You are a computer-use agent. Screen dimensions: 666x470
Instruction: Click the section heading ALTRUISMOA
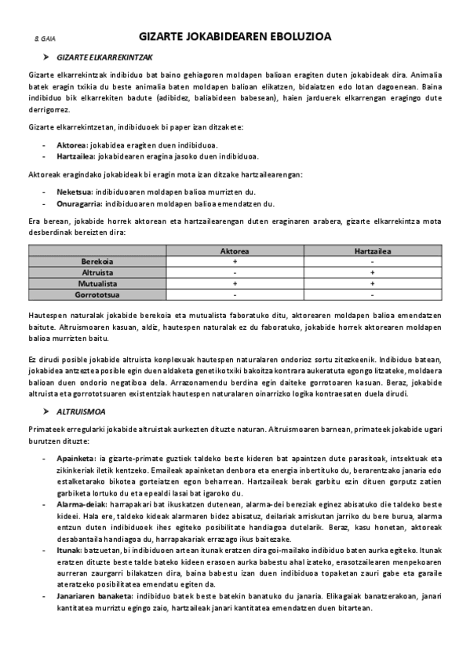point(82,412)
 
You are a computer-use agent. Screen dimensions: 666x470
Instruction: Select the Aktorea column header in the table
point(235,251)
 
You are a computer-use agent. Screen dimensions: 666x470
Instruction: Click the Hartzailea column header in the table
point(372,251)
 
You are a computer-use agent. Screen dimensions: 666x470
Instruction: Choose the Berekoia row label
point(97,262)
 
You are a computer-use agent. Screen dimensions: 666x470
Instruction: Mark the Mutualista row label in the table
point(97,283)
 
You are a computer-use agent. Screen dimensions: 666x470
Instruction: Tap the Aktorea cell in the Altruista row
point(235,273)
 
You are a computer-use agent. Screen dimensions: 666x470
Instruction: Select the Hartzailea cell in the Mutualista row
point(372,283)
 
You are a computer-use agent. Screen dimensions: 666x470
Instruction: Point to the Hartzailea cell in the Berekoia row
point(372,262)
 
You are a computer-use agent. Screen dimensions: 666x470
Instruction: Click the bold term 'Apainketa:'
point(75,458)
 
